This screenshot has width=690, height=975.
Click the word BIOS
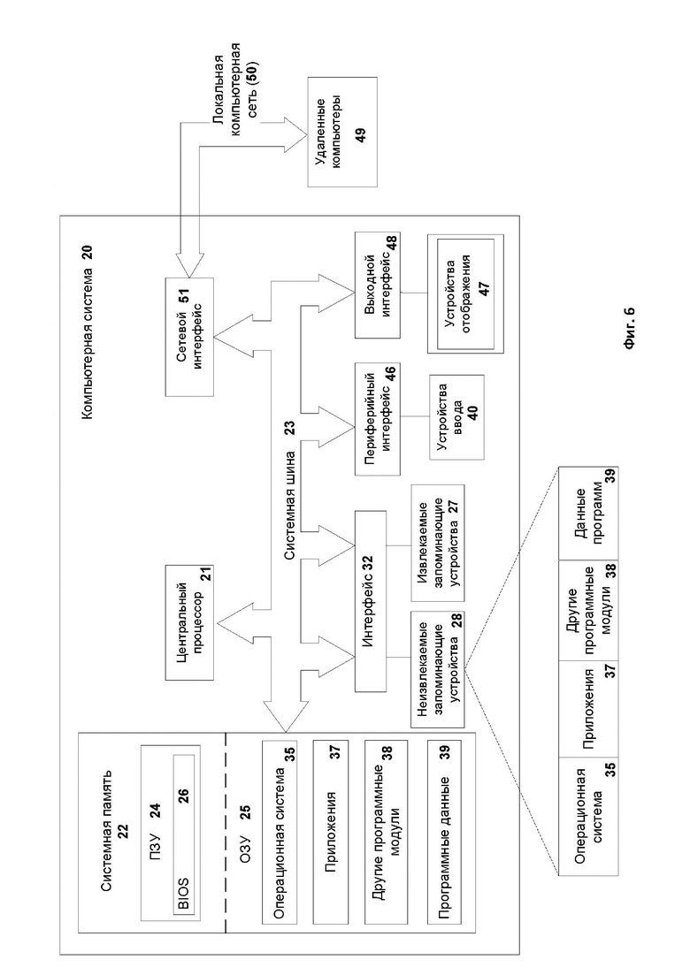click(x=183, y=893)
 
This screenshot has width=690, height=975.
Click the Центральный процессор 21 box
click(x=189, y=622)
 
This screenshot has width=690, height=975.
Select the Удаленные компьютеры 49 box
click(x=342, y=132)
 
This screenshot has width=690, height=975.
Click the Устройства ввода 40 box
click(x=456, y=416)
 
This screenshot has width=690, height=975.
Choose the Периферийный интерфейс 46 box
click(x=378, y=418)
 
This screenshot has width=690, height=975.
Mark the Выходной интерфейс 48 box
click(x=378, y=286)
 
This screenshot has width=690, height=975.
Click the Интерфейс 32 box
click(x=370, y=601)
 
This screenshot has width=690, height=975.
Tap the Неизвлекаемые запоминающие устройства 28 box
click(x=438, y=670)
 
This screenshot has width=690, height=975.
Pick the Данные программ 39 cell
click(x=588, y=513)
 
